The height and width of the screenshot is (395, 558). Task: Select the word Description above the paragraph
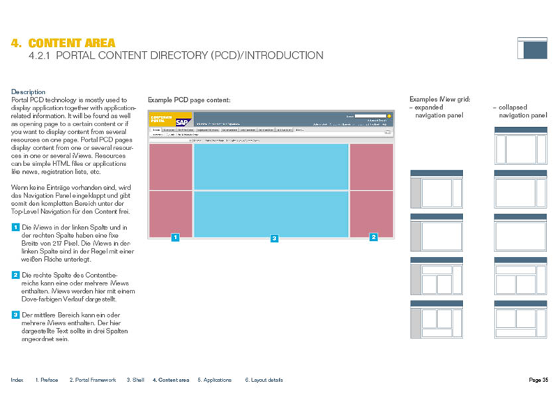point(29,92)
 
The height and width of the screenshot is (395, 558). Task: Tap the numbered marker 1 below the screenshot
point(176,238)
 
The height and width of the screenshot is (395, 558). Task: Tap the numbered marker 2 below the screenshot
point(374,238)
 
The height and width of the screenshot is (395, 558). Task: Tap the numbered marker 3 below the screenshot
point(274,238)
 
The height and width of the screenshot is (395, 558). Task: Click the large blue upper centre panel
point(271,166)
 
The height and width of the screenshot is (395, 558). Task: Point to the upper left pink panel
point(171,166)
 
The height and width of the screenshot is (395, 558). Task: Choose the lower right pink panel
point(371,213)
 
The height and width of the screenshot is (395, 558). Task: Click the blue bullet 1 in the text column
point(15,228)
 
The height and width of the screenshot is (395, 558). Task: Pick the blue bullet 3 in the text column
point(15,315)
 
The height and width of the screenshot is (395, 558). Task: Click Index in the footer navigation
point(17,380)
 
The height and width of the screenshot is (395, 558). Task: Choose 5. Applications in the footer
point(214,380)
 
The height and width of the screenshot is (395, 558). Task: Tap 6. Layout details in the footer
point(264,380)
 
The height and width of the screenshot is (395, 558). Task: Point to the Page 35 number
point(538,380)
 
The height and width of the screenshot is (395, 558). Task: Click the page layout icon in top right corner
point(532,47)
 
